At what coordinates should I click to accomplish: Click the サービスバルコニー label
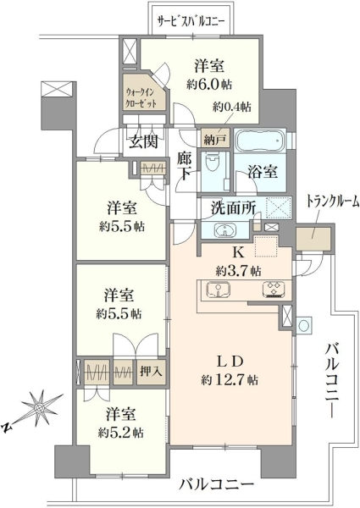tap(191, 22)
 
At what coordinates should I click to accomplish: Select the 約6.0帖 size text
tap(209, 85)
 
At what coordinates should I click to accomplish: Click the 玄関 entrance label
tap(143, 141)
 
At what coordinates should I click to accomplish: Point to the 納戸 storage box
tap(215, 138)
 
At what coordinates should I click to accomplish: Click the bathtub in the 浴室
tap(260, 141)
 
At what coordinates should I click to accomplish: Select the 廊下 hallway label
tap(185, 166)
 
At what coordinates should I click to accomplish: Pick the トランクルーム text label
tap(333, 202)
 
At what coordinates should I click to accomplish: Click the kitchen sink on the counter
tap(218, 289)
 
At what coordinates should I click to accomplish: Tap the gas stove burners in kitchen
tap(274, 289)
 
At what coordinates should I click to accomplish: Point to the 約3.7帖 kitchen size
tap(239, 270)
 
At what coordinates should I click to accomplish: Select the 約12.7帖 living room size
tap(230, 379)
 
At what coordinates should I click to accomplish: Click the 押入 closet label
tap(151, 371)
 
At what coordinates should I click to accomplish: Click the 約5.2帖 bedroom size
tap(121, 433)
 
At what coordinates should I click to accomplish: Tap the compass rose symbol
tap(40, 407)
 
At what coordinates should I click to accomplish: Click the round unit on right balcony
tap(304, 324)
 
